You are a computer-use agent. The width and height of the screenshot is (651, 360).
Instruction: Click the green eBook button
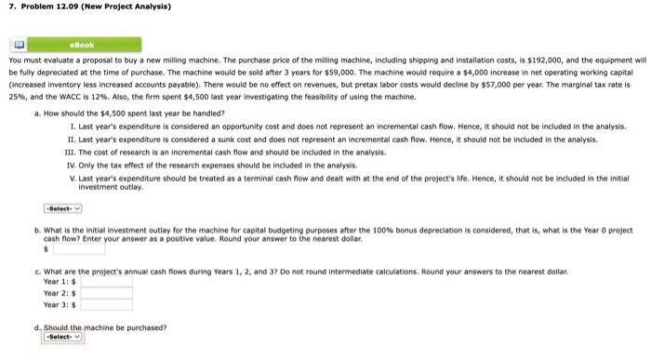(82, 44)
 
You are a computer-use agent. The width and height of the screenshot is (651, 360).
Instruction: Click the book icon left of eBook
(18, 44)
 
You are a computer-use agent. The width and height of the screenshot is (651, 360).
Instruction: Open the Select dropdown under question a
(62, 207)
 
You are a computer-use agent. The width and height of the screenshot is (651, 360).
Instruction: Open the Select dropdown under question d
(62, 337)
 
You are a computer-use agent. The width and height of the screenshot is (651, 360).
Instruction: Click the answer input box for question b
(78, 249)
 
